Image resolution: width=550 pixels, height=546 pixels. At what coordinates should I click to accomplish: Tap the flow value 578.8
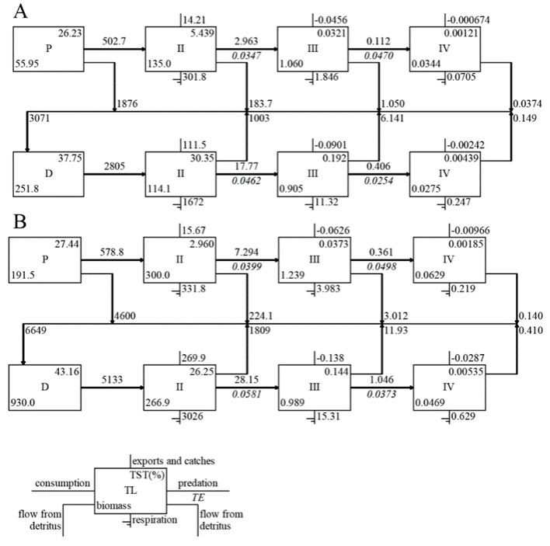(113, 253)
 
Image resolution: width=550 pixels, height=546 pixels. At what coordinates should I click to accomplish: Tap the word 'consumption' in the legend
(61, 482)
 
